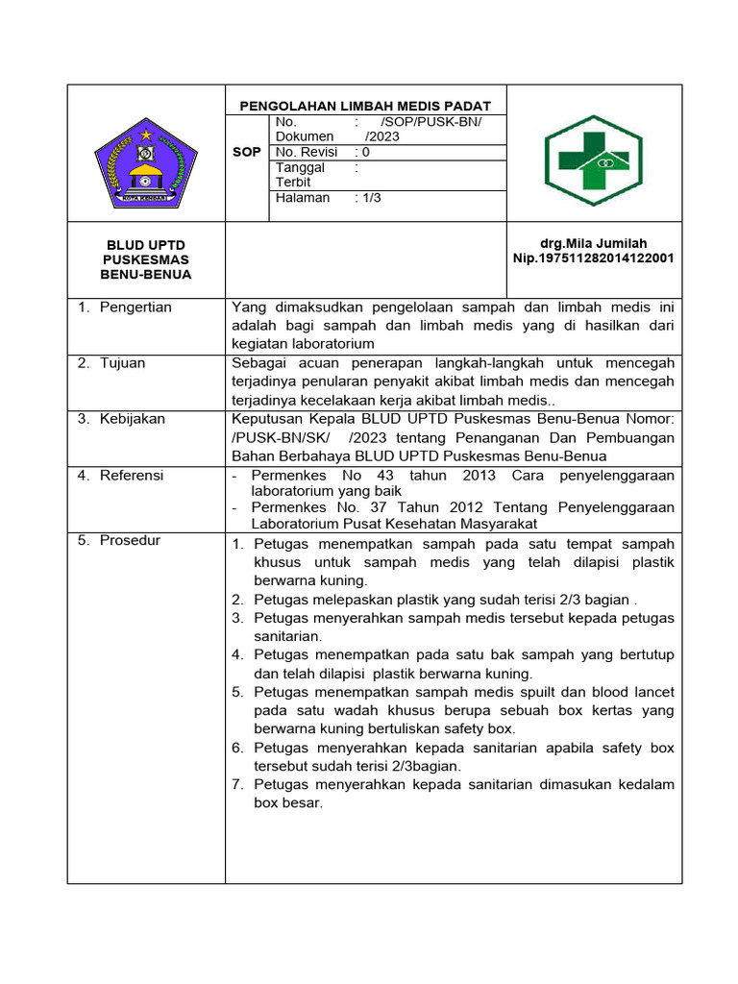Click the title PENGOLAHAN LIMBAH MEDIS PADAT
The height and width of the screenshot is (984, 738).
coord(364,106)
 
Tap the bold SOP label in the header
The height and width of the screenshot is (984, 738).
coord(247,152)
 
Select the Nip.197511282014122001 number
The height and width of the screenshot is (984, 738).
coord(594,258)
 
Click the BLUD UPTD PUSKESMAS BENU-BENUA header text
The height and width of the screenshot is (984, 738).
coord(146,259)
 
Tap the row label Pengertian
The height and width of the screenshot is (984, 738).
coord(135,307)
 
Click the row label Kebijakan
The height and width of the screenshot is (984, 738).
coord(133,419)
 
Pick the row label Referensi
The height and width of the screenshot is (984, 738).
coord(132,475)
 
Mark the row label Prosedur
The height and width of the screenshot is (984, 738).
coord(130,540)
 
